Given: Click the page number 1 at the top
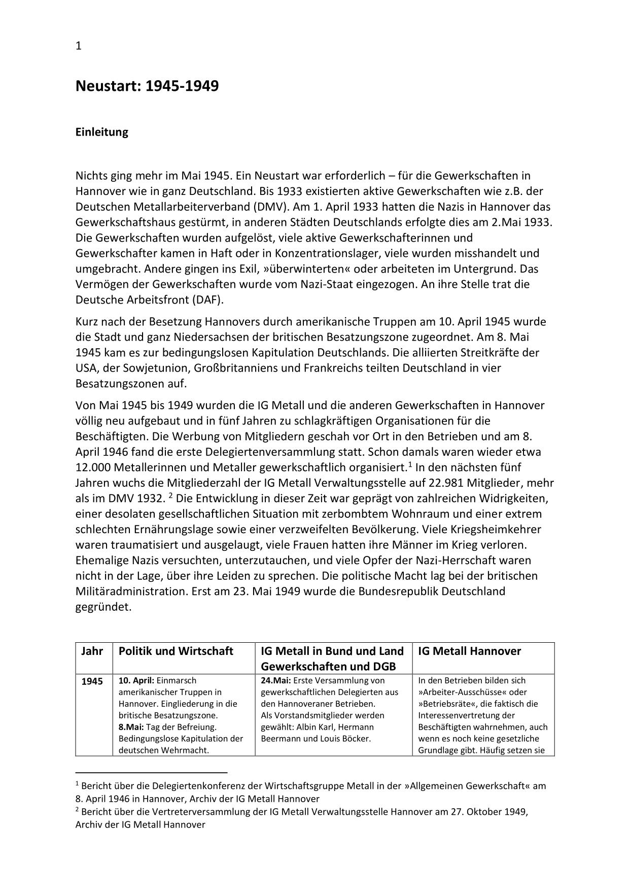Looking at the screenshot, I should pyautogui.click(x=79, y=46).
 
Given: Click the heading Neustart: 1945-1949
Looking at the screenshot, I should pyautogui.click(x=147, y=86).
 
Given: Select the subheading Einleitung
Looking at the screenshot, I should pyautogui.click(x=101, y=133).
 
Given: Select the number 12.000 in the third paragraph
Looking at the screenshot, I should pyautogui.click(x=93, y=468).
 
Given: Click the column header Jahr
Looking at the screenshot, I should pyautogui.click(x=92, y=651).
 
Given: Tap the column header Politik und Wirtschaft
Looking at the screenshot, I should pyautogui.click(x=176, y=651).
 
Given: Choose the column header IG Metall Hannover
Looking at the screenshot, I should pyautogui.click(x=469, y=651).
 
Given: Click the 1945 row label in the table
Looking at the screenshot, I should pyautogui.click(x=92, y=681).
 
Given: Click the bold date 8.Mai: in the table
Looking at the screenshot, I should pyautogui.click(x=131, y=728).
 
